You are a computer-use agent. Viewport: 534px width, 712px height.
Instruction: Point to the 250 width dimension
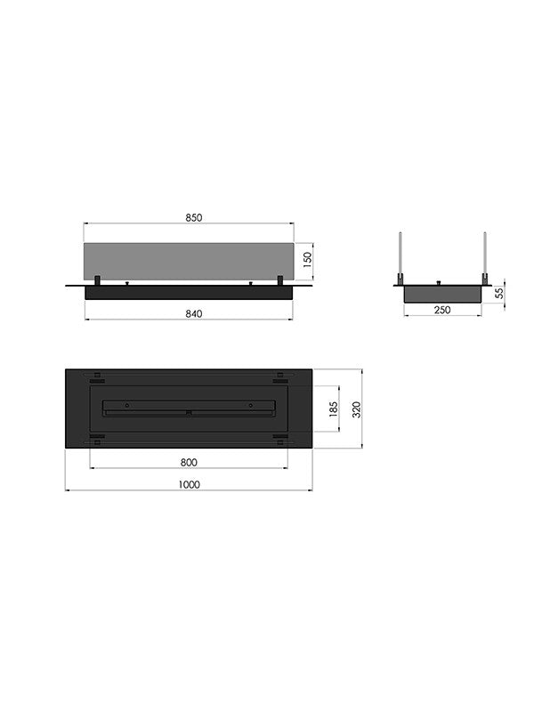tap(442, 310)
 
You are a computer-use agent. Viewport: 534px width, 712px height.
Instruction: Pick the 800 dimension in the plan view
tap(189, 462)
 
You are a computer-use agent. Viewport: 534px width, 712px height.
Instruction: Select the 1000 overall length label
tap(189, 484)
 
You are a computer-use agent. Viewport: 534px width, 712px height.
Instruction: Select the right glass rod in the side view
tap(485, 258)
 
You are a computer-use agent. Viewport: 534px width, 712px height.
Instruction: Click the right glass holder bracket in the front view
tap(280, 281)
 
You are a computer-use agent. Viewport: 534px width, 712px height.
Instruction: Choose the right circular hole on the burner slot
tap(251, 405)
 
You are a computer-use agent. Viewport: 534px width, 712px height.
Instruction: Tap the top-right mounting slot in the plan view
tap(280, 374)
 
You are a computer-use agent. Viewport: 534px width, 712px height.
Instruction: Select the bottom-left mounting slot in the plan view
tap(96, 438)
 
